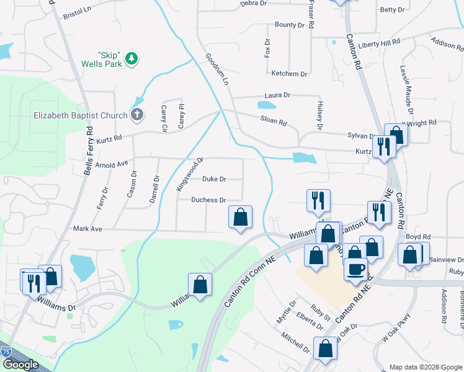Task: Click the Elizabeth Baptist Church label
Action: coord(80,115)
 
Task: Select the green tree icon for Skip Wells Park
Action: coord(131,59)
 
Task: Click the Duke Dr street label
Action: coord(214,179)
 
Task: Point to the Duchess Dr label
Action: coord(208,200)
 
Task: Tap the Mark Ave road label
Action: coord(87,229)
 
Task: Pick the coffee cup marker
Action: coord(356,270)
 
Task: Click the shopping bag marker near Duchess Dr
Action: coord(240,217)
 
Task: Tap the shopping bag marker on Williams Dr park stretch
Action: coord(200,285)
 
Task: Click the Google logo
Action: coord(20,365)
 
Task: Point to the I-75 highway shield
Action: coord(5,351)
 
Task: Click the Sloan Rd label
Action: coord(274,123)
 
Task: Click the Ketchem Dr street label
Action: coord(289,74)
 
